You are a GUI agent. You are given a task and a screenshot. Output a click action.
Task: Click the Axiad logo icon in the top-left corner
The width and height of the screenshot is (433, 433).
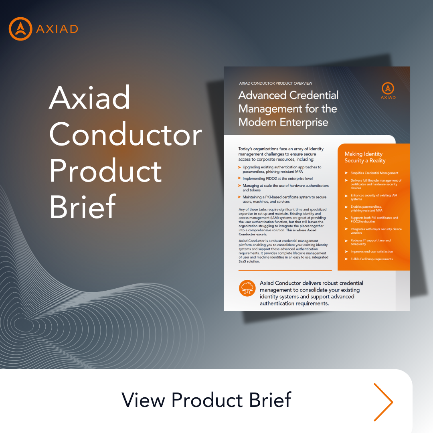coord(20,29)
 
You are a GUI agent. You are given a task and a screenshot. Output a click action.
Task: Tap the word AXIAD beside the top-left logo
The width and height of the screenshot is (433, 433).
coord(57,29)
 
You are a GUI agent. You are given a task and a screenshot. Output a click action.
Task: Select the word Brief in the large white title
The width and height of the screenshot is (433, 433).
coord(83,206)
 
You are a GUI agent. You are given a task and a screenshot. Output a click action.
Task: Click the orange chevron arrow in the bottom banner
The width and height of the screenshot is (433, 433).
coord(383,402)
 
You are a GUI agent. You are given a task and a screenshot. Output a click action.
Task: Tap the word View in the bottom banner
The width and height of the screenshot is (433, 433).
coord(144,400)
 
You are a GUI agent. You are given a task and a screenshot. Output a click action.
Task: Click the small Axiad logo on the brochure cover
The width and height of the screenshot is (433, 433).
coord(388,91)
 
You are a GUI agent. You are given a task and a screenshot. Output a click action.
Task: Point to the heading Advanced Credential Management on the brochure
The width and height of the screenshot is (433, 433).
coord(288,108)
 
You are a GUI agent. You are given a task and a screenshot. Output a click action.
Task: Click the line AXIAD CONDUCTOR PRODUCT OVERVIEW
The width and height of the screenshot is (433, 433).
coord(275,83)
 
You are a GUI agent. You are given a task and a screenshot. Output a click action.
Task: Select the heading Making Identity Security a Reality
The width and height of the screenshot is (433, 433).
coord(365,157)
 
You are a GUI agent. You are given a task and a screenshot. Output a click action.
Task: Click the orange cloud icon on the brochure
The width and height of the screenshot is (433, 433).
coord(247,289)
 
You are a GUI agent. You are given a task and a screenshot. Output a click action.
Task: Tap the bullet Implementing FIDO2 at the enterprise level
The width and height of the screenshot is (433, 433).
coord(277,178)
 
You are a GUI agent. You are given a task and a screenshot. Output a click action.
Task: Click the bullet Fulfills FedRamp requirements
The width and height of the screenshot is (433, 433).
coord(369,259)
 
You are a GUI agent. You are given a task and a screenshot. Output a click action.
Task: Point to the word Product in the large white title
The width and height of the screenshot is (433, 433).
coord(106,170)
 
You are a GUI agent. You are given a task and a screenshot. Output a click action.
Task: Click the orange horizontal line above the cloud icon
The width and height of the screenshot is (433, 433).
coord(285,271)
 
